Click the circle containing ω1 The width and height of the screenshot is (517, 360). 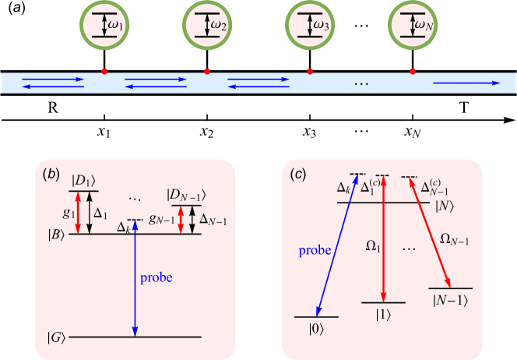coord(104,26)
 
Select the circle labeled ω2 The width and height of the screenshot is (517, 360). coord(206,26)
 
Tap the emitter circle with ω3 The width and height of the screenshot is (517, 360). coord(310,26)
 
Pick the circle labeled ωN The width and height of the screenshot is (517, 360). coord(413,26)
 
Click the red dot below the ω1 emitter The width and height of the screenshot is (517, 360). coord(104,72)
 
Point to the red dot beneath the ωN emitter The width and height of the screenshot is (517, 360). coord(413,72)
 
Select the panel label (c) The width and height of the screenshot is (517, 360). coord(297,174)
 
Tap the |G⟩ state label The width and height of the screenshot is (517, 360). coord(56,337)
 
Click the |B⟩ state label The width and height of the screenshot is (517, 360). coord(57,234)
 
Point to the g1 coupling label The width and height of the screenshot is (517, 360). coord(68,212)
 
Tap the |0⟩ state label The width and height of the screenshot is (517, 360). coord(315,329)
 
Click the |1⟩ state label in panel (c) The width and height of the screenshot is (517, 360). coord(382,314)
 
